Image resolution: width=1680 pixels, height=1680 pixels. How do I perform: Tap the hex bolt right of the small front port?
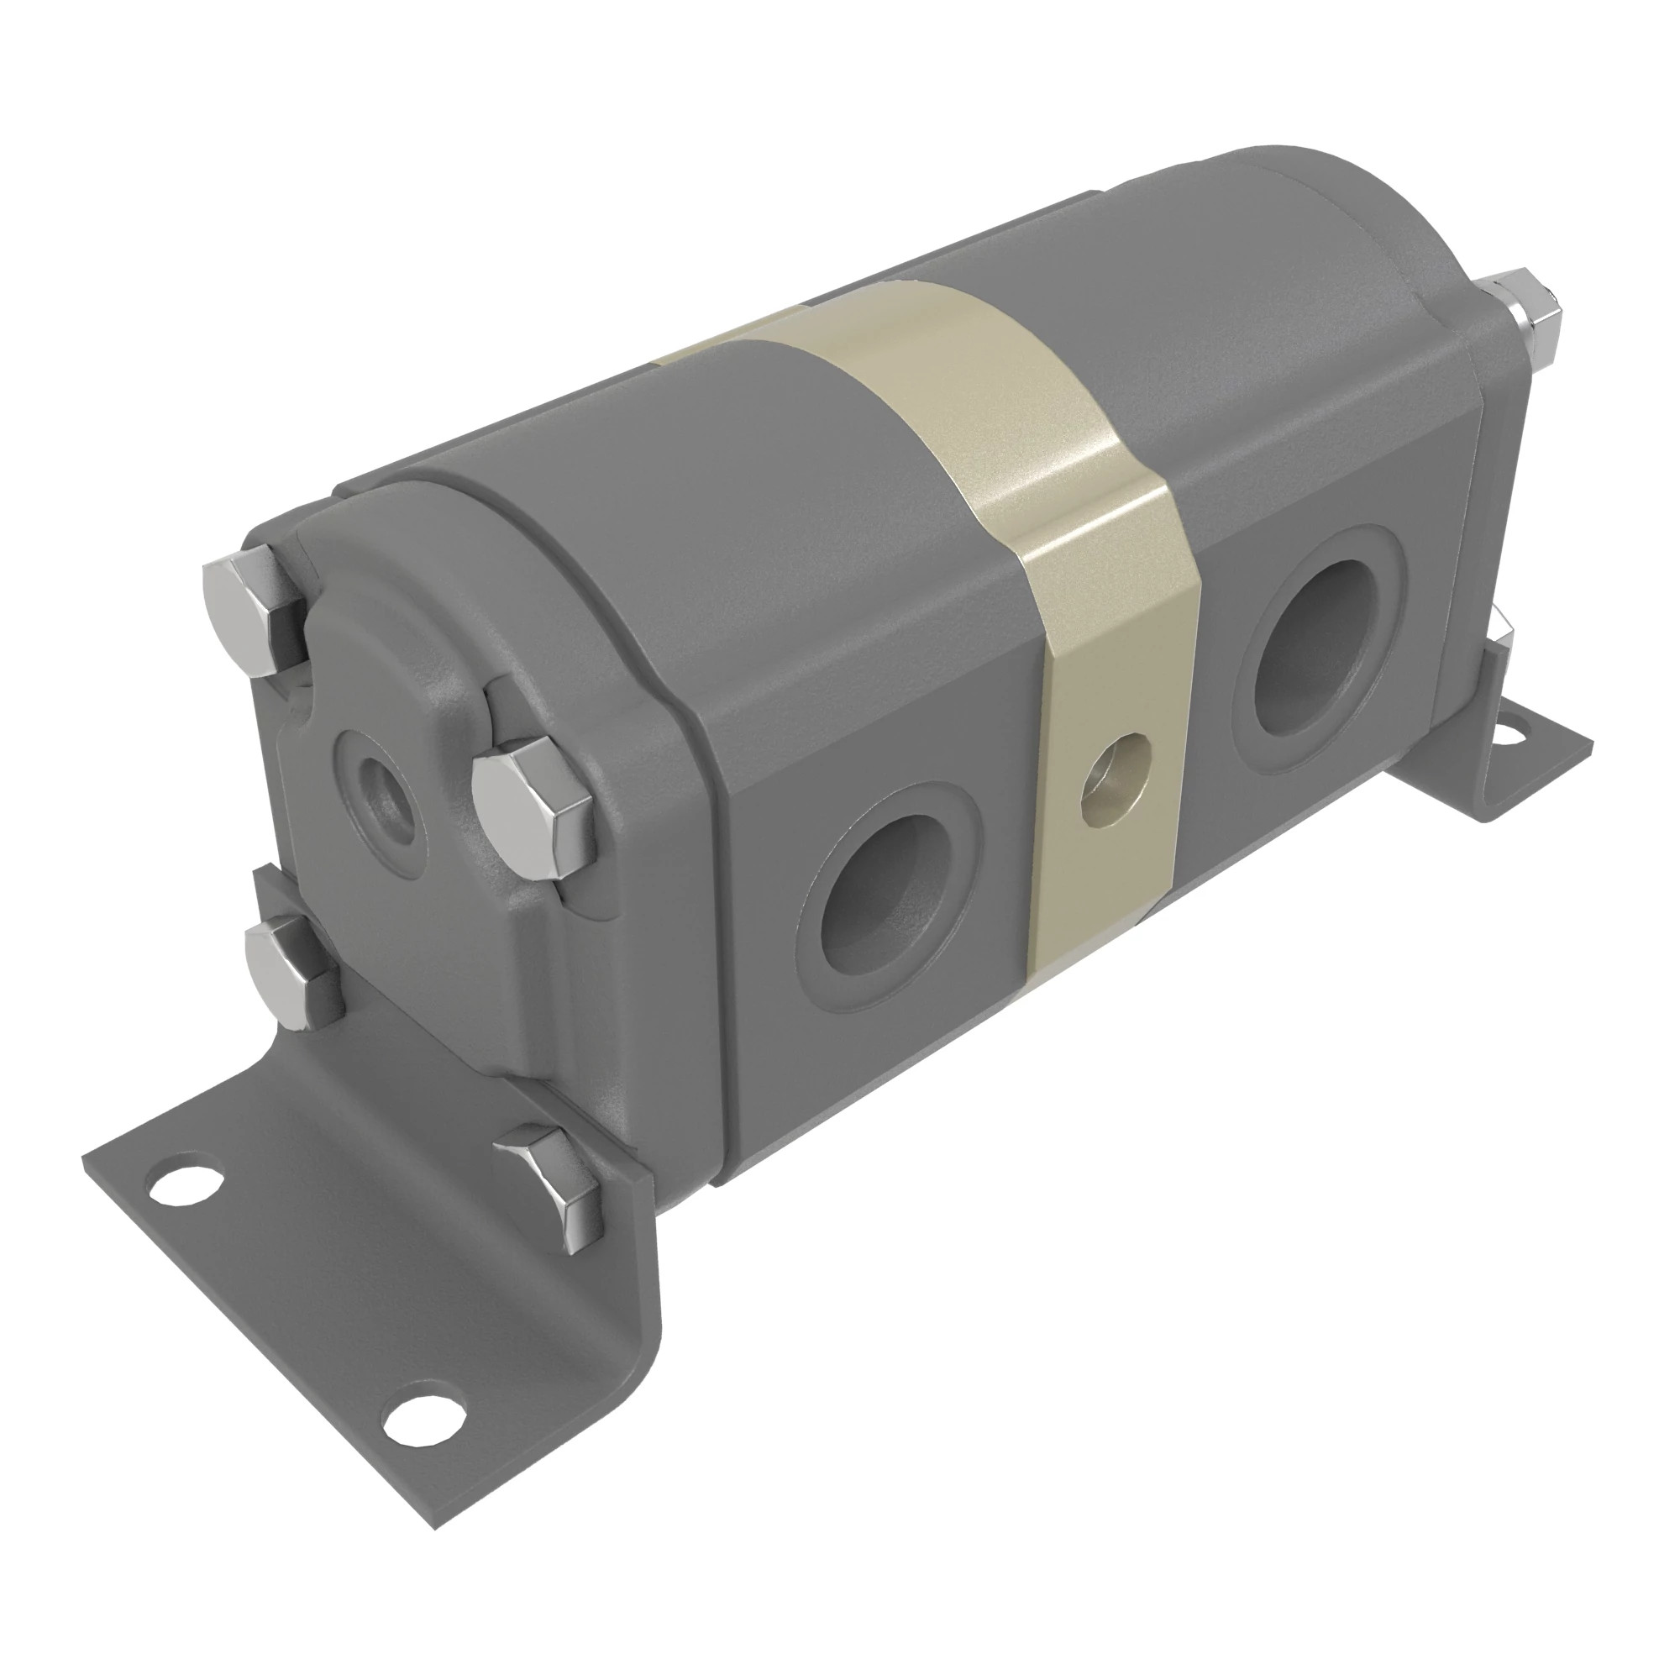(525, 801)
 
